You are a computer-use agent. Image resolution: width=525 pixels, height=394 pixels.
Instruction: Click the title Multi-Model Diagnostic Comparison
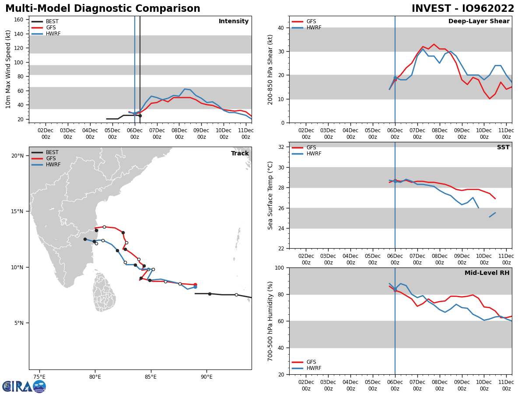coord(103,9)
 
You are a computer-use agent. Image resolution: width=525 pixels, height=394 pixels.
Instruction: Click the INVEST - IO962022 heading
coord(463,9)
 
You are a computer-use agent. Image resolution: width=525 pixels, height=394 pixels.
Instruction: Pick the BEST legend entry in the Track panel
coord(52,152)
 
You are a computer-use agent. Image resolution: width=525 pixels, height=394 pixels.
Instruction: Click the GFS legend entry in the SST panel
coord(311,148)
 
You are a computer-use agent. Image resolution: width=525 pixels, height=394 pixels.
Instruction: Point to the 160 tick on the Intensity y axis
coord(19,20)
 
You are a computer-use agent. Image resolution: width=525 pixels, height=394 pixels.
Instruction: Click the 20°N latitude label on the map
coord(17,156)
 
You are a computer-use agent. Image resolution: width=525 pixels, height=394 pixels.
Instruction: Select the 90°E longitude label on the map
coord(206,376)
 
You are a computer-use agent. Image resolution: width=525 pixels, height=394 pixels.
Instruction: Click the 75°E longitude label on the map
coord(39,376)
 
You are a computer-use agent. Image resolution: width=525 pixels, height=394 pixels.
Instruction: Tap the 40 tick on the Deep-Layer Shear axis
coord(280,28)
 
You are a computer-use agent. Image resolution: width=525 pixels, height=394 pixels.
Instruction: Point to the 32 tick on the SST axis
coord(280,147)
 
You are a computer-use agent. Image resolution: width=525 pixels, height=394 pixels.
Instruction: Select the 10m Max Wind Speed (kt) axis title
coord(8,69)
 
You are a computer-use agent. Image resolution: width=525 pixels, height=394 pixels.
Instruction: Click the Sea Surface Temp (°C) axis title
coord(270,195)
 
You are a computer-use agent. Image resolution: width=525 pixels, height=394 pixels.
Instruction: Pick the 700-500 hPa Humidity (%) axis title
coord(270,321)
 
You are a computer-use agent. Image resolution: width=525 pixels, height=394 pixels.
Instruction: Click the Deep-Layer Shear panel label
coord(479,21)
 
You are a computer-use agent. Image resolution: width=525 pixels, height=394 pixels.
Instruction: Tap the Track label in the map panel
coord(240,154)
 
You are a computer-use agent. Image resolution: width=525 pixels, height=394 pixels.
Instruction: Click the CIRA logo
coord(24,386)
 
